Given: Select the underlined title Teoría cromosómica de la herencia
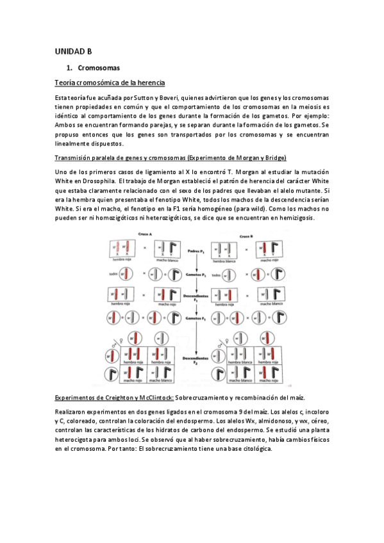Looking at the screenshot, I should (110, 83).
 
